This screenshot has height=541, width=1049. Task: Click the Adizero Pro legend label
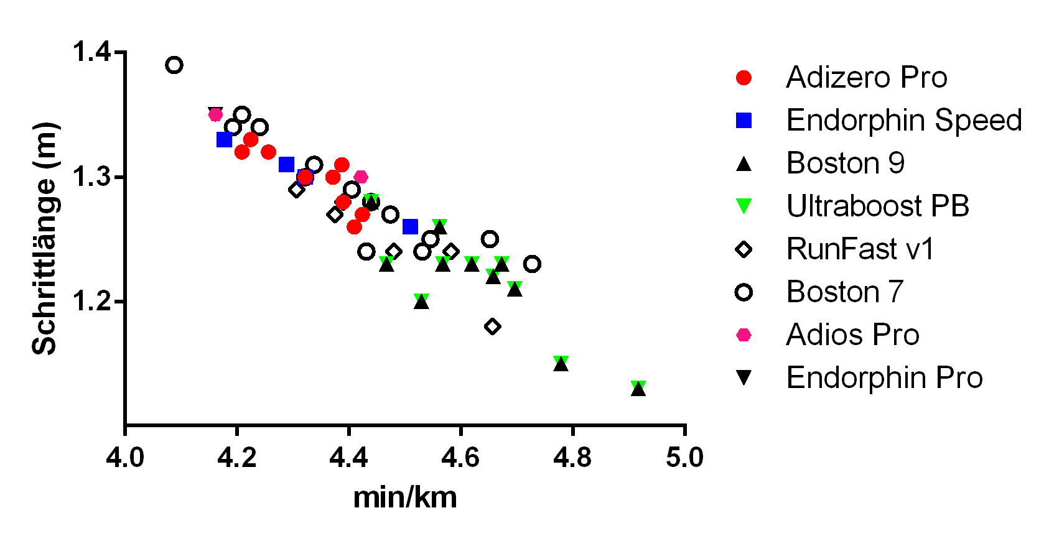866,78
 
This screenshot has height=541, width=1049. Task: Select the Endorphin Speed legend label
903,121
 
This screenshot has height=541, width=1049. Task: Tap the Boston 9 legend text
845,164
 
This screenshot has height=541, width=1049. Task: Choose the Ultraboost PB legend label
877,206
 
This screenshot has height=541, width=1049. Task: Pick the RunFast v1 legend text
860,249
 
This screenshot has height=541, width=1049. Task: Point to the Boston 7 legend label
844,292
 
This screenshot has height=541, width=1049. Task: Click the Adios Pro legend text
852,335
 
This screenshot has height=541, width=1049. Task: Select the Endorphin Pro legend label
884,378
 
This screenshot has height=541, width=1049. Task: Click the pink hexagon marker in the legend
744,335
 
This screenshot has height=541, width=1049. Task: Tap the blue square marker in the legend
744,121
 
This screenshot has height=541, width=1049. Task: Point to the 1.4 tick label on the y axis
91,52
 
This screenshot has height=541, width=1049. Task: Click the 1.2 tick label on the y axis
91,302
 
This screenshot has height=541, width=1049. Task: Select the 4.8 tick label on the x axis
572,458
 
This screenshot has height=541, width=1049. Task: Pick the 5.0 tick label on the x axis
684,458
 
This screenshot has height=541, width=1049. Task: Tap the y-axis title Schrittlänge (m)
44,239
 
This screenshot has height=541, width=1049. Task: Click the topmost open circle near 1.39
174,65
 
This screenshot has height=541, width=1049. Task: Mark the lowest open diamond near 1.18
492,326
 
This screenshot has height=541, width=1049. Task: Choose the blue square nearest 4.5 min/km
410,226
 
